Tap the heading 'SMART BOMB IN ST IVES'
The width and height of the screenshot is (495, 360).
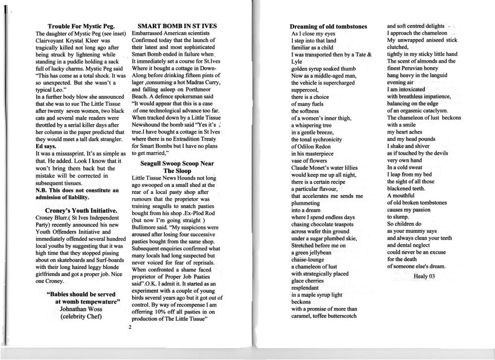(x=177, y=26)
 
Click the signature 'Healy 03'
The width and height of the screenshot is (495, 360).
(x=424, y=276)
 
